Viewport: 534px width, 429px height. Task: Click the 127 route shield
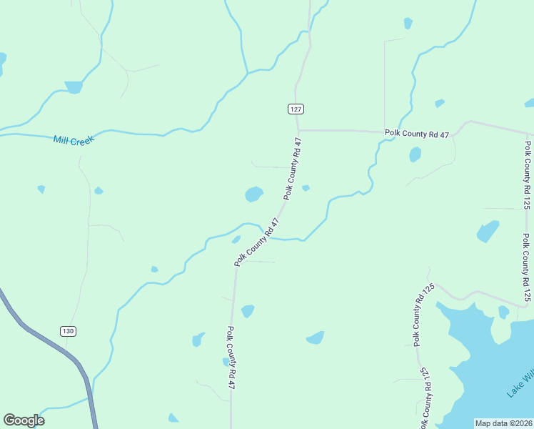(296, 109)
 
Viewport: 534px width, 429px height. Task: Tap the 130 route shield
(67, 331)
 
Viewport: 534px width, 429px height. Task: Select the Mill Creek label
(74, 139)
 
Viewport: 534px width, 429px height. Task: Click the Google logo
(24, 420)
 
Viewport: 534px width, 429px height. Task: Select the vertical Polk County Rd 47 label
(231, 357)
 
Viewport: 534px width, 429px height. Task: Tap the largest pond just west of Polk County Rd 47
(253, 194)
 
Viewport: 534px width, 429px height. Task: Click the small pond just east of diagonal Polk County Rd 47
(306, 188)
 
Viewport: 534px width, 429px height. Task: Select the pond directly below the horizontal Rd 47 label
(415, 154)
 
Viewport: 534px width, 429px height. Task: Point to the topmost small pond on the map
(408, 23)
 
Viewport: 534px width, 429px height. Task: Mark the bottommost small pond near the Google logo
(173, 418)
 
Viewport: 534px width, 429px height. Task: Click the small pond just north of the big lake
(503, 312)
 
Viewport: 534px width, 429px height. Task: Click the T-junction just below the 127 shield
(298, 130)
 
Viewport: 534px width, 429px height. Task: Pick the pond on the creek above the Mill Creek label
(74, 87)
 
